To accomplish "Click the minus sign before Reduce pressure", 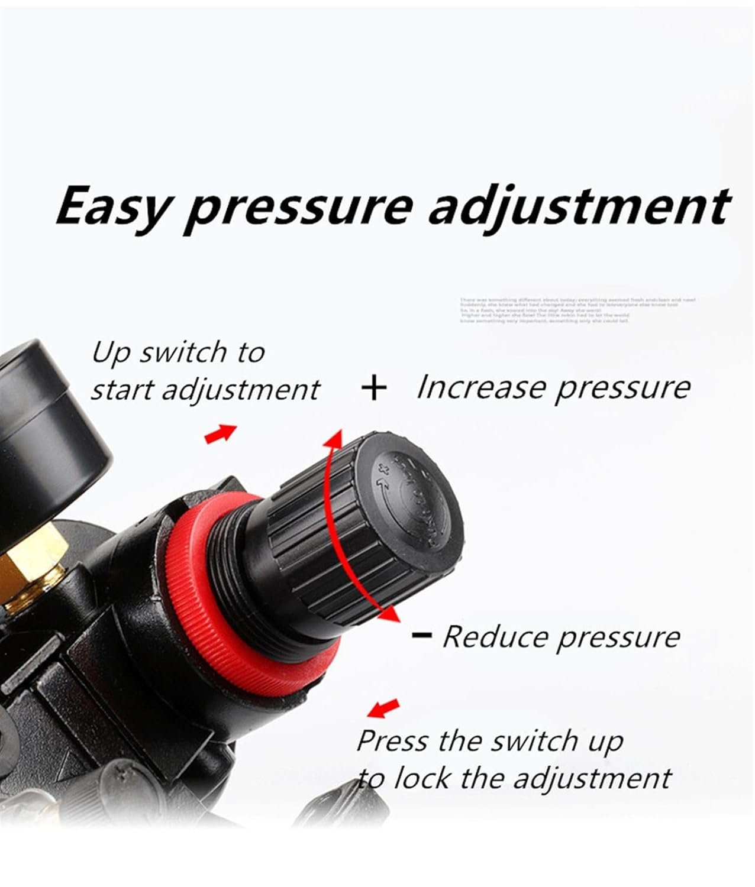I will [x=421, y=636].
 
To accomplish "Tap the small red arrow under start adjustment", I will [x=220, y=433].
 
